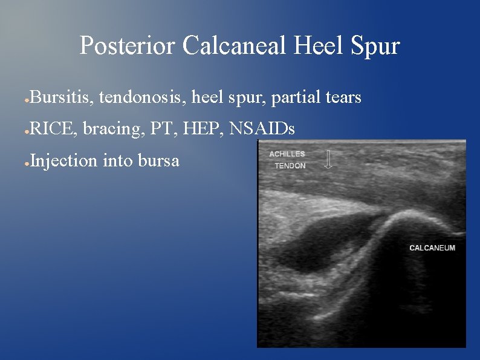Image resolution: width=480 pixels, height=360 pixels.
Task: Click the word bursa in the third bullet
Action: [158, 161]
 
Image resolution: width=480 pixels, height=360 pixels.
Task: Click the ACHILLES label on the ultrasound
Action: [287, 154]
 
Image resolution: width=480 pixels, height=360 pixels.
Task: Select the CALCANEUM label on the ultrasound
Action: [432, 247]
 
